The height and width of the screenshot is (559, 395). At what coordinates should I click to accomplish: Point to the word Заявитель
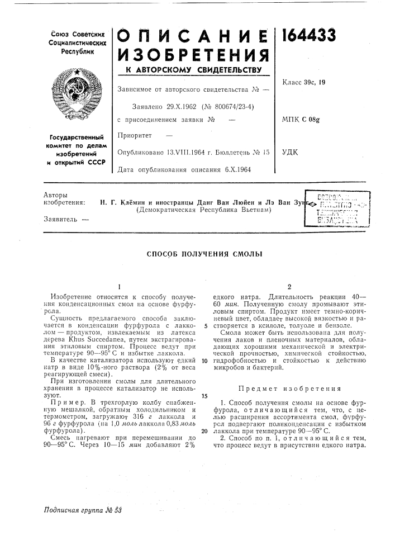pyautogui.click(x=55, y=220)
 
